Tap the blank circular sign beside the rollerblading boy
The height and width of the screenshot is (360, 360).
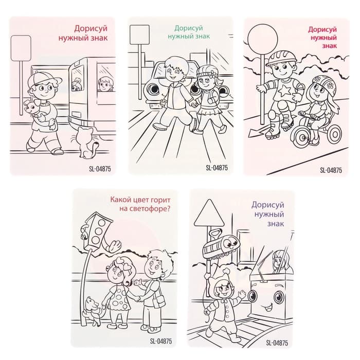[263, 39]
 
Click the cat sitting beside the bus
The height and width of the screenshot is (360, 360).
[86, 143]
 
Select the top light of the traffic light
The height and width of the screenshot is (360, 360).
[101, 223]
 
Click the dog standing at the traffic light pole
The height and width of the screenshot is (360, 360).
[93, 311]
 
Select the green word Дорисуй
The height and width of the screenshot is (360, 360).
[189, 28]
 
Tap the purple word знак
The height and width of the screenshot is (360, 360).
[276, 223]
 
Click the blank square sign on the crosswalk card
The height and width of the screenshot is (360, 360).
[139, 34]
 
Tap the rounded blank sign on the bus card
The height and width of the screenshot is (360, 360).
[21, 48]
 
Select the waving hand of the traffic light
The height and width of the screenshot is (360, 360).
[114, 246]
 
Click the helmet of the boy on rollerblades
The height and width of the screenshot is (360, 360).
[281, 58]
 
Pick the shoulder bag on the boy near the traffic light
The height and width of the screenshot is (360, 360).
[159, 301]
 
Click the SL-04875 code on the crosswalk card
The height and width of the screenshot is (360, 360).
[217, 168]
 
